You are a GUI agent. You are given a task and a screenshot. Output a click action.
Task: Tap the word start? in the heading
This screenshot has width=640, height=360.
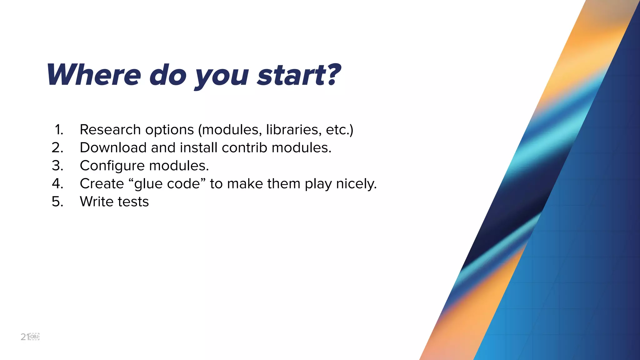298,75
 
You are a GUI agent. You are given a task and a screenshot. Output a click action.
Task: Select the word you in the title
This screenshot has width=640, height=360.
222,77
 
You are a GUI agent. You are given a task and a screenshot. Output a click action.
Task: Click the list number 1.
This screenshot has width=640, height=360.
59,130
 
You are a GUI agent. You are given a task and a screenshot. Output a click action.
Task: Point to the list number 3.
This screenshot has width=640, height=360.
57,166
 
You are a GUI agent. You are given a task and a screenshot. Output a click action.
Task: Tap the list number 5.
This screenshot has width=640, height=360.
57,202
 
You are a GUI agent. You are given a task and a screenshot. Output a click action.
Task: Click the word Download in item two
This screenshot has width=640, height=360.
113,147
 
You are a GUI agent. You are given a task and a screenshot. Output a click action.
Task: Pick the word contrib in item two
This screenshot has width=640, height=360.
244,147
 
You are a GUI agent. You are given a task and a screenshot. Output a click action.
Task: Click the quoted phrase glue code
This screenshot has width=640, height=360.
167,184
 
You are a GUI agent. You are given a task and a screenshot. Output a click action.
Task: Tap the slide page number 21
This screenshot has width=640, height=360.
25,337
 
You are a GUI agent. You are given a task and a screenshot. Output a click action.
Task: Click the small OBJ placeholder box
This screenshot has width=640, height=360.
34,337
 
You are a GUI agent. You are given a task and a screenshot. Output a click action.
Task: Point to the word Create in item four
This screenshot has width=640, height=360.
102,184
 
